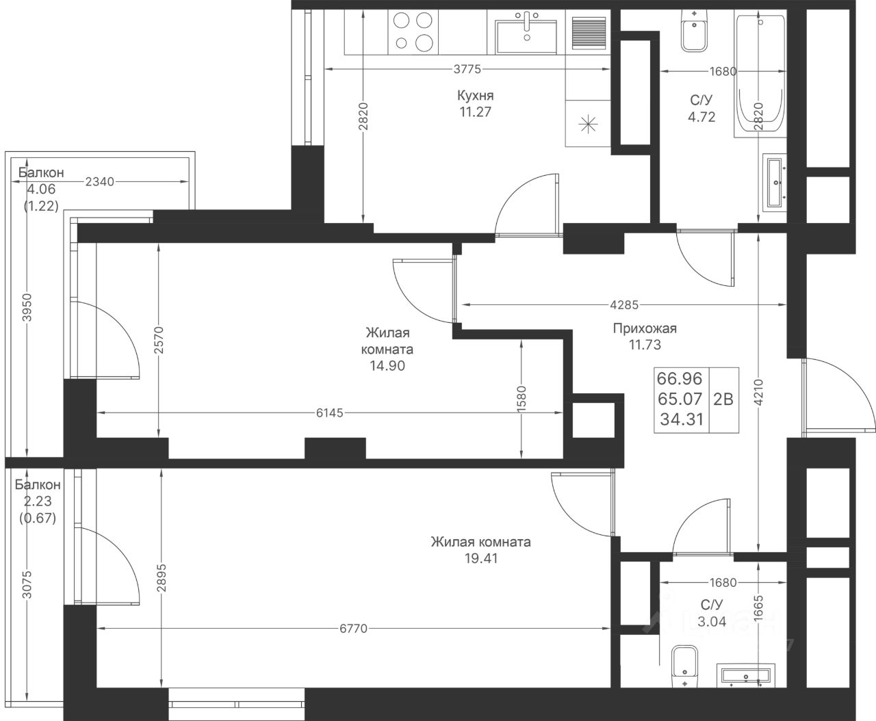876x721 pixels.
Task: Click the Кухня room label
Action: (476, 96)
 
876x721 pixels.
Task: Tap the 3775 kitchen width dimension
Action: (467, 69)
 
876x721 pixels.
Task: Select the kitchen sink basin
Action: (526, 36)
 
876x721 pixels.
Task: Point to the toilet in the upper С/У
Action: (694, 31)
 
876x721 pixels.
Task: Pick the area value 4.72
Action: (701, 116)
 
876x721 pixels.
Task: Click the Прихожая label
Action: (645, 328)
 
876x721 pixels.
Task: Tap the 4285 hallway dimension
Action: (624, 305)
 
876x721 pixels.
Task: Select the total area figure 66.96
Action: (679, 378)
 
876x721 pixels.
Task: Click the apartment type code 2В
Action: (723, 399)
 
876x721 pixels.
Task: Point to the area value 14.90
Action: (387, 366)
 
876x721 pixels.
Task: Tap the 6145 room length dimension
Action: (330, 413)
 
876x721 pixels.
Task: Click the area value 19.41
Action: (481, 558)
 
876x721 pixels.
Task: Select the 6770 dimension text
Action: (353, 628)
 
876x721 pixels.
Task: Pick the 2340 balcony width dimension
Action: (100, 181)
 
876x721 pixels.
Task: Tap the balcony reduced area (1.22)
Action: (41, 206)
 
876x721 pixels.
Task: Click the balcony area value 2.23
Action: (38, 501)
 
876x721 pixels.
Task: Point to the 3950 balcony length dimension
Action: (27, 307)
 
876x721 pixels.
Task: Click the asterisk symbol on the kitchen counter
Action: (588, 124)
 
